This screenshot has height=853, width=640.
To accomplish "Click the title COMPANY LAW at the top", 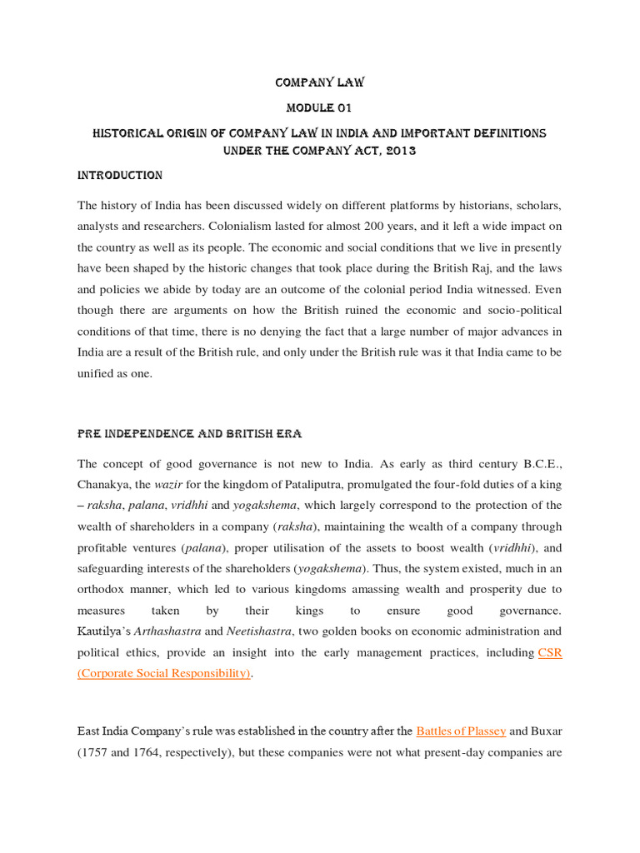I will pyautogui.click(x=319, y=82).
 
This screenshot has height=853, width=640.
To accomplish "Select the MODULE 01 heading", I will pyautogui.click(x=319, y=108).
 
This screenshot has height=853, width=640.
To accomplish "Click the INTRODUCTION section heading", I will pyautogui.click(x=120, y=176).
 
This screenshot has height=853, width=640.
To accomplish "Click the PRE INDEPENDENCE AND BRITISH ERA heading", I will pyautogui.click(x=189, y=434).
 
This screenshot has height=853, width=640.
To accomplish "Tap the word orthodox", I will pyautogui.click(x=106, y=589).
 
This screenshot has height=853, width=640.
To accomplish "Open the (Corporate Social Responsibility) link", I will pyautogui.click(x=164, y=673).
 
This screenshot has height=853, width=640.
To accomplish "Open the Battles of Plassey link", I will pyautogui.click(x=461, y=731).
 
